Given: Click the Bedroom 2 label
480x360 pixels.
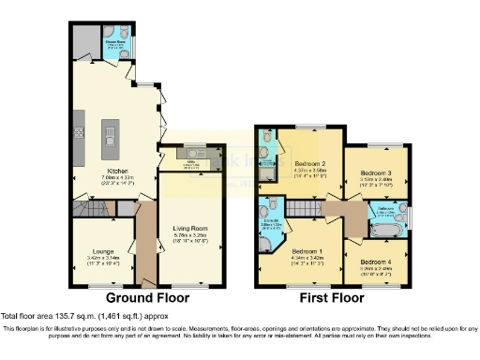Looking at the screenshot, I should point(308,162).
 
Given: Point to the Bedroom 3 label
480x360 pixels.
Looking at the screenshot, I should point(377,178).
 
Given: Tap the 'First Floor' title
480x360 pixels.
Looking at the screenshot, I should point(332,299).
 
